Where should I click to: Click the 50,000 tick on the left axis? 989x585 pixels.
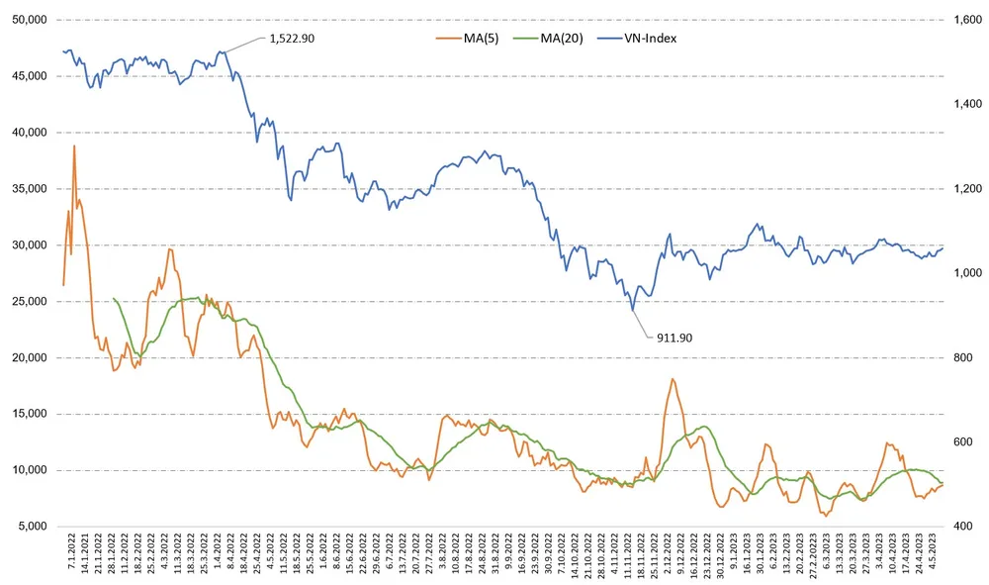click(x=28, y=20)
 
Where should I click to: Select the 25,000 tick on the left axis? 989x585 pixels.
click(x=28, y=301)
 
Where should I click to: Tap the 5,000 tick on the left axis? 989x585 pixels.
click(x=31, y=526)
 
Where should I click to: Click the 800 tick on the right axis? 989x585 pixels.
click(x=959, y=357)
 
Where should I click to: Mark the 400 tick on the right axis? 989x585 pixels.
click(x=959, y=526)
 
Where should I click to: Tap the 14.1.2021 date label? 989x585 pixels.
click(x=85, y=555)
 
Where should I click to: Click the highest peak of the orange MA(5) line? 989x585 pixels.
click(x=74, y=146)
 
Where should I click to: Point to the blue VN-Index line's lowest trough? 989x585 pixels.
click(x=633, y=310)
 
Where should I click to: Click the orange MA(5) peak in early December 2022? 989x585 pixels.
click(x=673, y=378)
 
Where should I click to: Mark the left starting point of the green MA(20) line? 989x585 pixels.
click(x=114, y=298)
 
